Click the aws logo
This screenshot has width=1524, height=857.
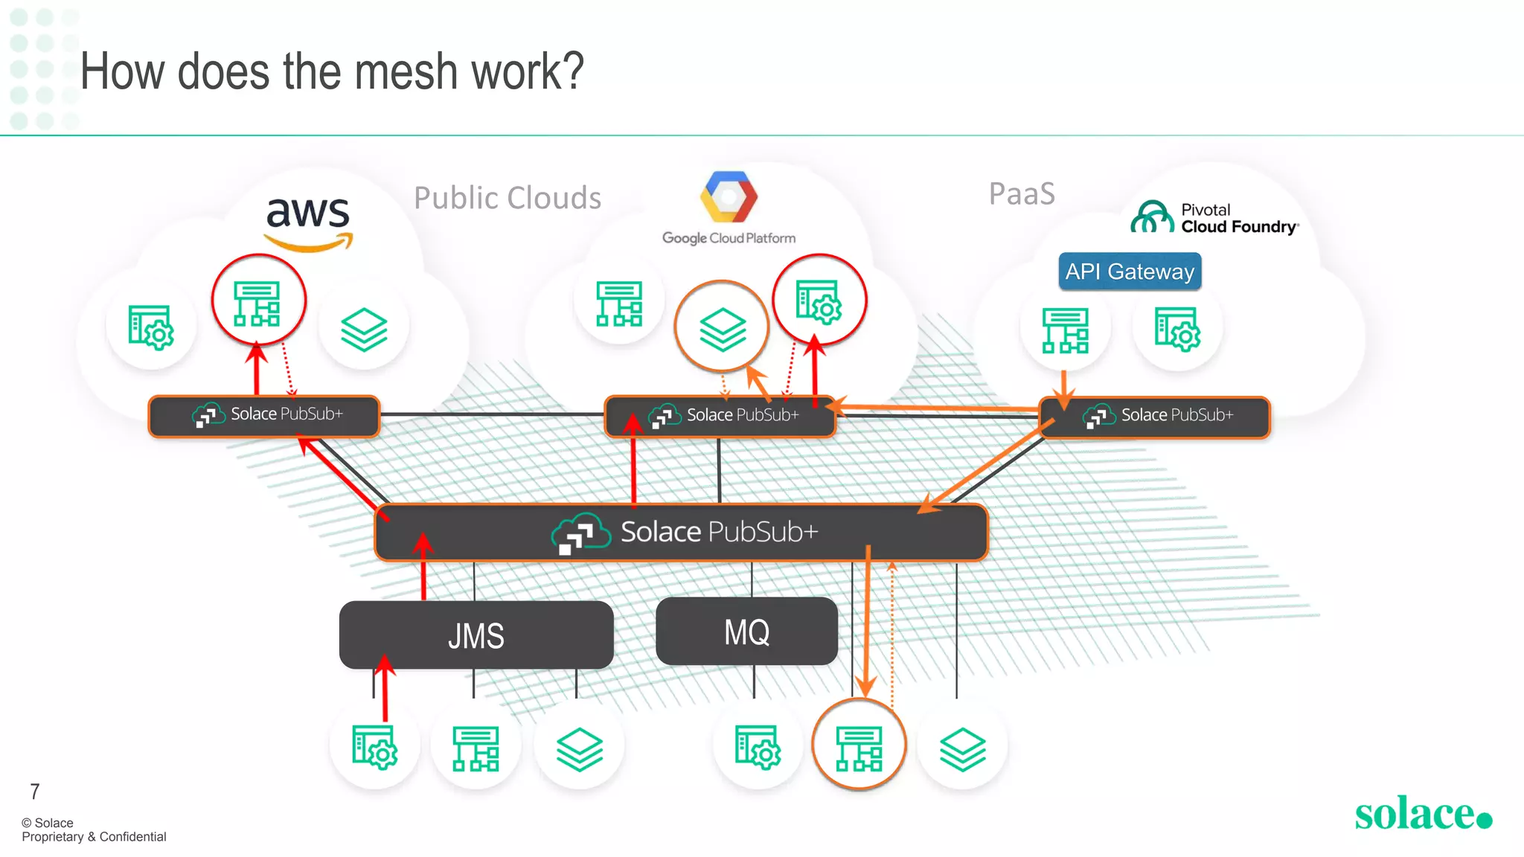pos(308,222)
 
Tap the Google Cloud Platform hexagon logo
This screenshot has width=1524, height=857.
pos(729,197)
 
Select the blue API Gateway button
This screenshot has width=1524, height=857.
pos(1130,272)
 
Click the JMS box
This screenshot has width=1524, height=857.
pos(476,635)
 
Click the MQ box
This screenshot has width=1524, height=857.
pos(746,632)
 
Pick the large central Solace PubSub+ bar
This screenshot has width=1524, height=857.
pos(682,532)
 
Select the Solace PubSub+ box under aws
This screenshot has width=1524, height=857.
pos(264,415)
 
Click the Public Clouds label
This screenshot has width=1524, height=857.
pos(508,198)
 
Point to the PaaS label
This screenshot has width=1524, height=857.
pos(1022,194)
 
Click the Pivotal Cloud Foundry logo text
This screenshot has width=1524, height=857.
pos(1238,219)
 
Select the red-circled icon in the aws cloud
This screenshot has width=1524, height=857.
pos(257,301)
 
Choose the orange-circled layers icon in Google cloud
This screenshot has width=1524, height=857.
pos(722,328)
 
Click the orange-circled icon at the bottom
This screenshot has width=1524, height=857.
pos(859,746)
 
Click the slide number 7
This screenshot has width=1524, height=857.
pos(34,792)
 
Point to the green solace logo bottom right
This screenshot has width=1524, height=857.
pos(1422,814)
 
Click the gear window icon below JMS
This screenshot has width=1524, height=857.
pos(374,747)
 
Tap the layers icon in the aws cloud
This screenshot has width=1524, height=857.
pos(364,329)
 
